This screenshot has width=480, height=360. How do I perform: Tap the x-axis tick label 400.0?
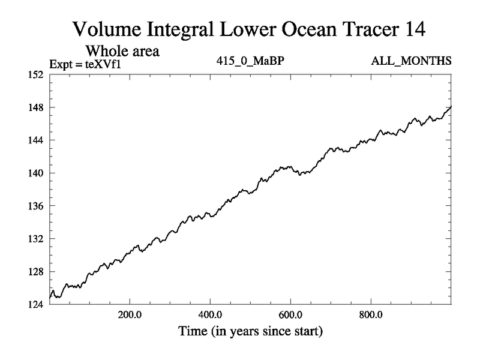[x=210, y=314]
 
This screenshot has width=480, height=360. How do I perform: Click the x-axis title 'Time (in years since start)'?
[x=250, y=331]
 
